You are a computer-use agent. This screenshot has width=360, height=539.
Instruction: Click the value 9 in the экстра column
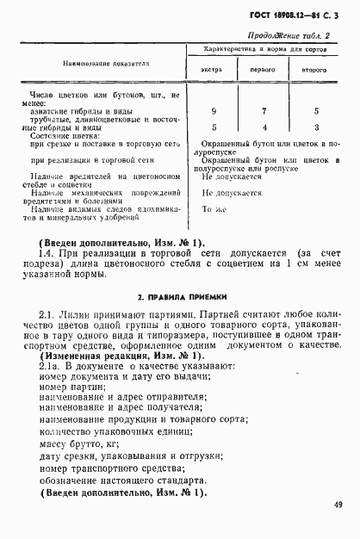pos(213,111)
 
